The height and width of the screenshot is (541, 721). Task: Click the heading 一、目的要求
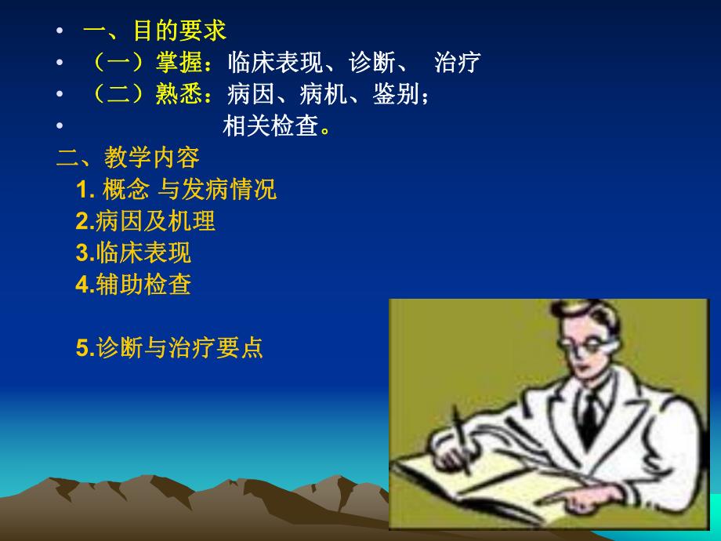tap(154, 31)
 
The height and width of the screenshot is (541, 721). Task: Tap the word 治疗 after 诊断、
tap(457, 62)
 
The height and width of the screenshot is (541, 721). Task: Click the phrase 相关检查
tap(271, 126)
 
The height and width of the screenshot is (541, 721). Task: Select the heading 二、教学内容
tap(129, 158)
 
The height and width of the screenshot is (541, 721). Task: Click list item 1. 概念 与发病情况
tap(176, 190)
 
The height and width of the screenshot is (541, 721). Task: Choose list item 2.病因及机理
tap(146, 222)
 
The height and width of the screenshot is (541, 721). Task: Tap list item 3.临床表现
tap(133, 253)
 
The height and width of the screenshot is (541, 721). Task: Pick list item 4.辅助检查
tap(133, 285)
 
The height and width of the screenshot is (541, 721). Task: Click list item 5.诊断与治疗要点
tap(169, 348)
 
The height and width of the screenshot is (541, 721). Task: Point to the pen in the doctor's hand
tap(461, 439)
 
